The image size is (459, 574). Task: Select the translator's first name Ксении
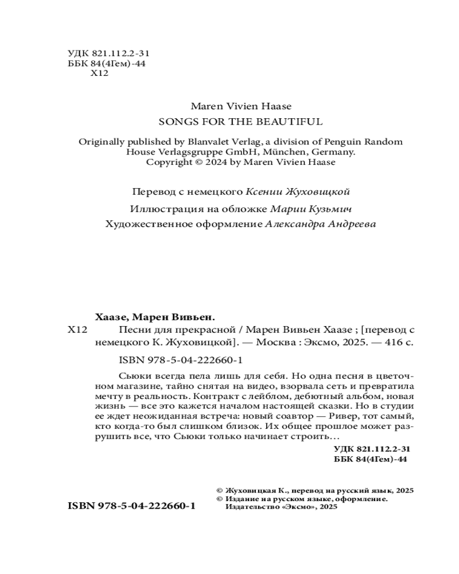[263, 192]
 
